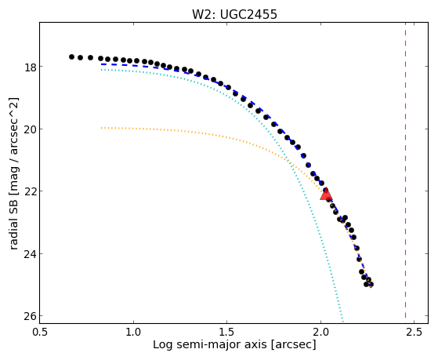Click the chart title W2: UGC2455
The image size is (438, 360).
click(234, 14)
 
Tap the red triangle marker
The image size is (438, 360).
click(326, 195)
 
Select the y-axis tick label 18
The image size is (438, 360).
click(30, 67)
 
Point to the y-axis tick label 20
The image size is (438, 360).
click(30, 129)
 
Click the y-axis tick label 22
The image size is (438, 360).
click(30, 192)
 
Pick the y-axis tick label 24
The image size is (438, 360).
click(30, 254)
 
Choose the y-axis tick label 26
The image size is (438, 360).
click(30, 316)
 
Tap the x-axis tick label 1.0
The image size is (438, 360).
click(134, 332)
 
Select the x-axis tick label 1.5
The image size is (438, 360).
click(227, 332)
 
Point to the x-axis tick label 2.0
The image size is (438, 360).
click(320, 332)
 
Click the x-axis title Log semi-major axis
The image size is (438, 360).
click(211, 344)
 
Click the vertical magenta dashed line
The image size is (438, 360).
click(405, 173)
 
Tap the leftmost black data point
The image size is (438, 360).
click(71, 56)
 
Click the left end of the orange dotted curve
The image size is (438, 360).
click(101, 128)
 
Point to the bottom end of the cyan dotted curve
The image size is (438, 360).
click(342, 321)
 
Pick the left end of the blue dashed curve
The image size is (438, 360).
click(101, 64)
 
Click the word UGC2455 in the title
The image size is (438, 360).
click(248, 14)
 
